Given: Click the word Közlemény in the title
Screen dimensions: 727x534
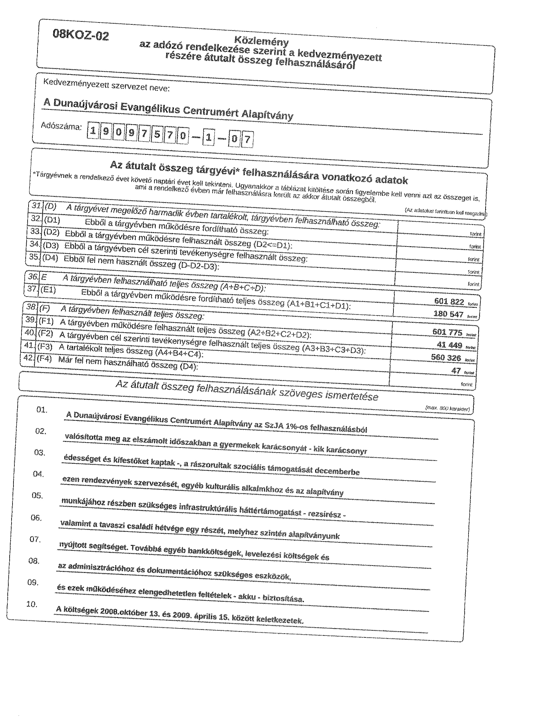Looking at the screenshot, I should [x=261, y=41].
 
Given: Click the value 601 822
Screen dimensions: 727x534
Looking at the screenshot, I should [x=449, y=302].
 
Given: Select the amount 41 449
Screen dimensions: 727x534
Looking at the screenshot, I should [x=449, y=345].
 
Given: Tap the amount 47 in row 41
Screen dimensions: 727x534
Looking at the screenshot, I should [x=456, y=371].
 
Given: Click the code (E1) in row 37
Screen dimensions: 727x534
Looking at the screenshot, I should [x=48, y=290].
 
